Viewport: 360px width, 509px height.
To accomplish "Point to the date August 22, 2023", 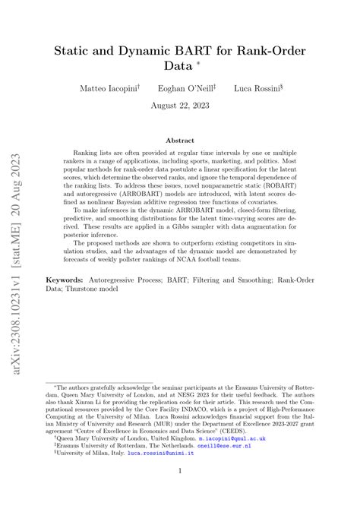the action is pyautogui.click(x=180, y=106).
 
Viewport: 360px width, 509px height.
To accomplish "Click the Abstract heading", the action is pyautogui.click(x=180, y=141).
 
